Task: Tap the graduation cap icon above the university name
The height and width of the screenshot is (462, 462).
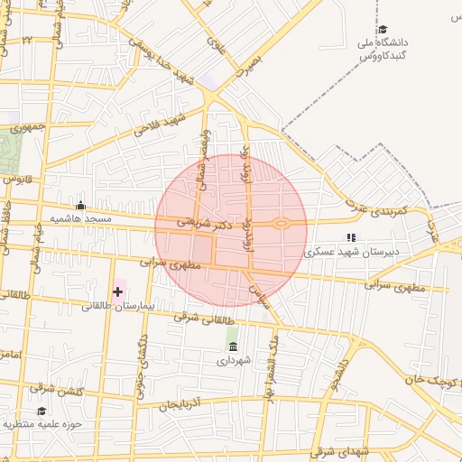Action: click(x=383, y=29)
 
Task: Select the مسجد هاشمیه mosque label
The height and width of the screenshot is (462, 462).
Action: click(x=80, y=219)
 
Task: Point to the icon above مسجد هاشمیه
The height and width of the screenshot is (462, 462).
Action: click(x=81, y=205)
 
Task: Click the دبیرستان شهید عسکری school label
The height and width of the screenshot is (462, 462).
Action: click(x=351, y=253)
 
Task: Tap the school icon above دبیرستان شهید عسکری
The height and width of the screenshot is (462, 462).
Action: click(x=351, y=237)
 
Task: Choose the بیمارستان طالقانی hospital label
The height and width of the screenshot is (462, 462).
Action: click(x=118, y=306)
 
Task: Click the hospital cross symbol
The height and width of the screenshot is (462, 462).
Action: click(x=118, y=291)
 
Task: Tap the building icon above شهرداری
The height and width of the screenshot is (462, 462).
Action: click(x=234, y=346)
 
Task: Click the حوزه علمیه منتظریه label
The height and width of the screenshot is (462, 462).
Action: click(x=42, y=423)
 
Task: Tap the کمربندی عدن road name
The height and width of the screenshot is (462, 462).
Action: click(x=380, y=209)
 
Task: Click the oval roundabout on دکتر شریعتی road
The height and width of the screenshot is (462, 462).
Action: click(x=281, y=223)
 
